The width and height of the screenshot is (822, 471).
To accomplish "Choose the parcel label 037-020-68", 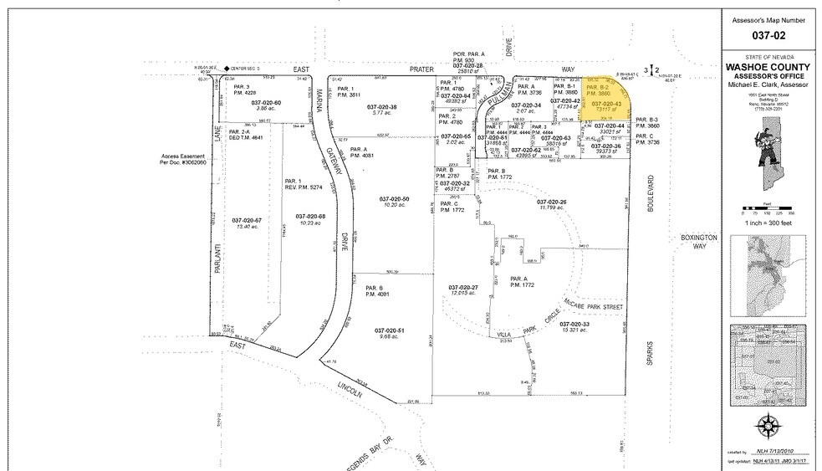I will coord(309,214).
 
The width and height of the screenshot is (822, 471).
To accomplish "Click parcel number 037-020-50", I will coord(394,198).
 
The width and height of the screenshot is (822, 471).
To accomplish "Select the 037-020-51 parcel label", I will coord(389,330).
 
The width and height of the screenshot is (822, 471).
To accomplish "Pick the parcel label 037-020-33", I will coord(574,324).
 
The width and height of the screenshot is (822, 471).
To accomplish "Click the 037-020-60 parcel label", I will coord(266,102).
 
